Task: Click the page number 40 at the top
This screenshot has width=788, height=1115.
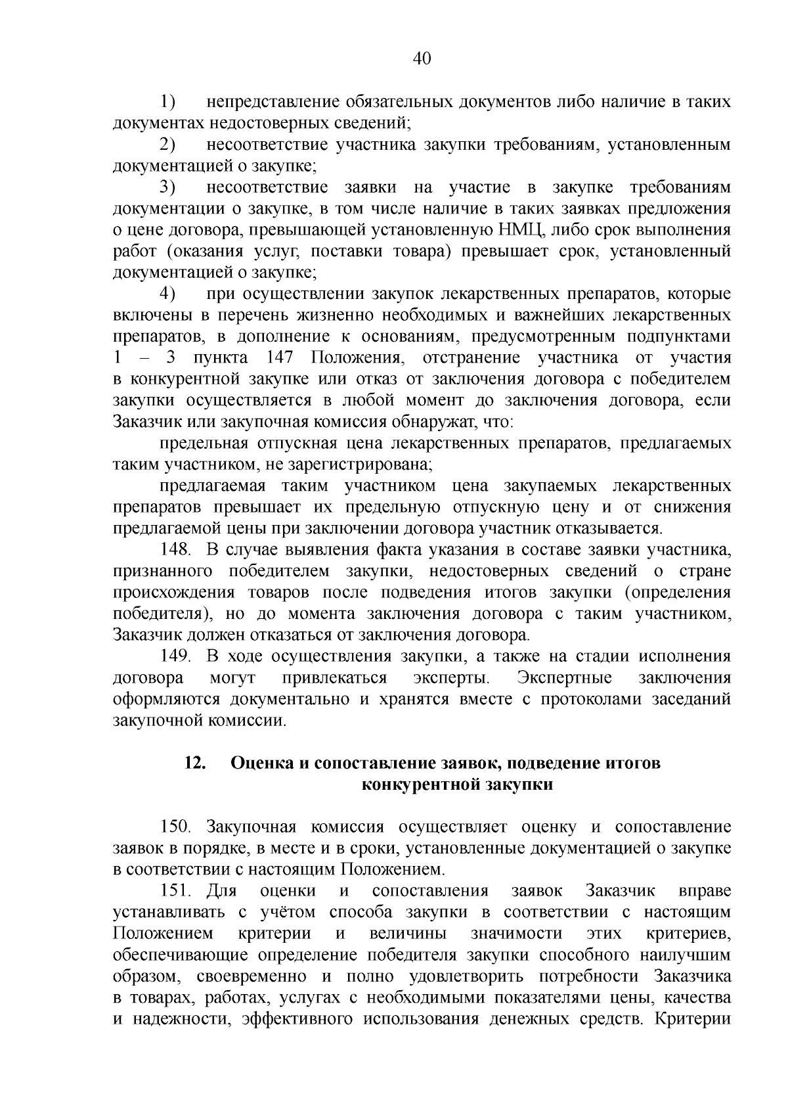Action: coord(422,59)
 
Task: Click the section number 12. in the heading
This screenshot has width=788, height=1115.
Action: coord(196,763)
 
